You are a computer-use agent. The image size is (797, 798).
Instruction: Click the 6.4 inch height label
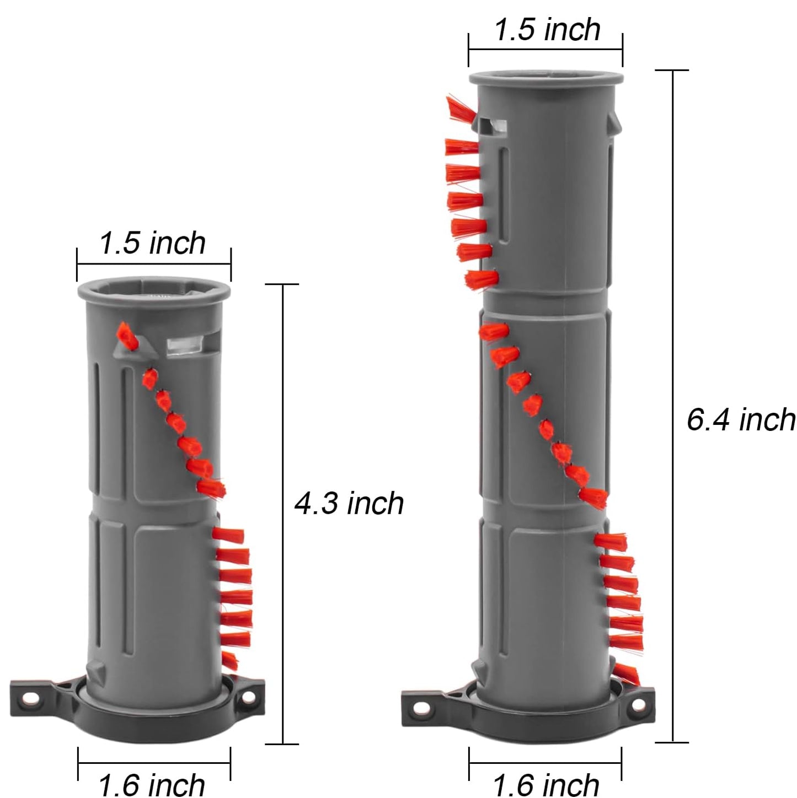point(740,420)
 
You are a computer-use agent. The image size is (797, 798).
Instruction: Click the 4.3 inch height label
point(349,504)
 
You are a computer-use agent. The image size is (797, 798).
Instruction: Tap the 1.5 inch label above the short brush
point(153,242)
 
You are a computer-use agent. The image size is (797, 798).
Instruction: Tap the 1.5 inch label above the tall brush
point(547,29)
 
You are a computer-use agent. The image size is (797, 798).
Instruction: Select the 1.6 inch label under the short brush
point(152,784)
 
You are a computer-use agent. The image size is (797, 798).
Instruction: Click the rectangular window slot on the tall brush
point(493,126)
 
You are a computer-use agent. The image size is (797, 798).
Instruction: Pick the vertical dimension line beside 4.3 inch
point(283,513)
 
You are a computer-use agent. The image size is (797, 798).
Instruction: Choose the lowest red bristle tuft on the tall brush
point(627,674)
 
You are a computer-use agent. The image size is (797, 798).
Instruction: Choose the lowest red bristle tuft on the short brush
point(229,660)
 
